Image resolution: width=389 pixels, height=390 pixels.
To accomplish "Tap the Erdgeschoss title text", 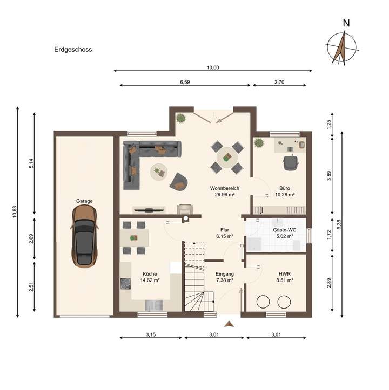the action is [x=73, y=50].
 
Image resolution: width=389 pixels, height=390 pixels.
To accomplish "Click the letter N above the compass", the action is [x=346, y=23].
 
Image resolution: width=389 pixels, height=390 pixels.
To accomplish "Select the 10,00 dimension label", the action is [x=213, y=67].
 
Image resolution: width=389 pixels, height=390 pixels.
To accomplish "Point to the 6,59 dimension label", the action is [x=185, y=82].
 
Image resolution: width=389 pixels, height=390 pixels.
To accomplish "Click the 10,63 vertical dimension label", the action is [x=15, y=212].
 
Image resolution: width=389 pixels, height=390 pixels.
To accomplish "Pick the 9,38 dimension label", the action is [x=338, y=224].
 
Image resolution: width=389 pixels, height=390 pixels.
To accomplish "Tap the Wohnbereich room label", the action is [x=225, y=188].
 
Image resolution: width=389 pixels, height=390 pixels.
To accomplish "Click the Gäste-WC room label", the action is [x=285, y=230].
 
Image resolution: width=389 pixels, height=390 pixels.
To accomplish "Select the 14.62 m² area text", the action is [x=150, y=280].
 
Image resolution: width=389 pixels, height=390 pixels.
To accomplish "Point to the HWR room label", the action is [x=285, y=274].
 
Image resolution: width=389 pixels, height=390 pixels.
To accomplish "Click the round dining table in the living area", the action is [x=227, y=158].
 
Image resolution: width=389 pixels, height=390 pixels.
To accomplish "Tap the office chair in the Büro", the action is [x=291, y=162].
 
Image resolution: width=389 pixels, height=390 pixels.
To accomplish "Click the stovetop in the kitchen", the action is [x=125, y=284].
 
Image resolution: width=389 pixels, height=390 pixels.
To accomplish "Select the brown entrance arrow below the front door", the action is [x=229, y=324].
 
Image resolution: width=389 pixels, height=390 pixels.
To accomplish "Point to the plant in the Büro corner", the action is [x=259, y=143].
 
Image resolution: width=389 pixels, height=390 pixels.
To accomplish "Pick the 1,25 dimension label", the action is [x=329, y=125].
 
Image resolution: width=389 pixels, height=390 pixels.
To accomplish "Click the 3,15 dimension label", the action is [x=151, y=334].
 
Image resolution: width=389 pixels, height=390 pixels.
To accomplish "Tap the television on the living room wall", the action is [x=149, y=210].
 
